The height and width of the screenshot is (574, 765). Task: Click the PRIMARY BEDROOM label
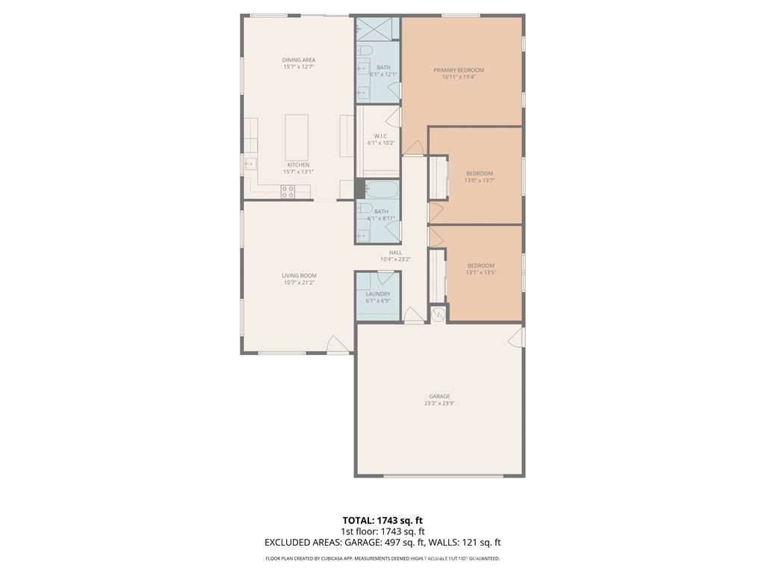459,70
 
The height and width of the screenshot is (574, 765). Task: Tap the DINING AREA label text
298,60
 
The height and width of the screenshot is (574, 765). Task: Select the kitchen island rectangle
297,137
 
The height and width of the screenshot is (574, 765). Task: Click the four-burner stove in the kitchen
288,191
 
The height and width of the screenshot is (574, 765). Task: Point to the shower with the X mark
377,28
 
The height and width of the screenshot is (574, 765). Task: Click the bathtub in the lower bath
378,189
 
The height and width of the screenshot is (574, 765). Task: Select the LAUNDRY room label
378,294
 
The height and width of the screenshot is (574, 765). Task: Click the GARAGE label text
439,396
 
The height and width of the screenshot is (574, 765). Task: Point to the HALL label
395,253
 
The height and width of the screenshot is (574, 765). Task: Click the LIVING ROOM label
299,276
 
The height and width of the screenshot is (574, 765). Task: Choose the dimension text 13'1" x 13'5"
481,272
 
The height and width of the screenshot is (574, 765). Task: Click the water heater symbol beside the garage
438,315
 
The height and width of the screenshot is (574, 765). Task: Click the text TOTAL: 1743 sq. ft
382,520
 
